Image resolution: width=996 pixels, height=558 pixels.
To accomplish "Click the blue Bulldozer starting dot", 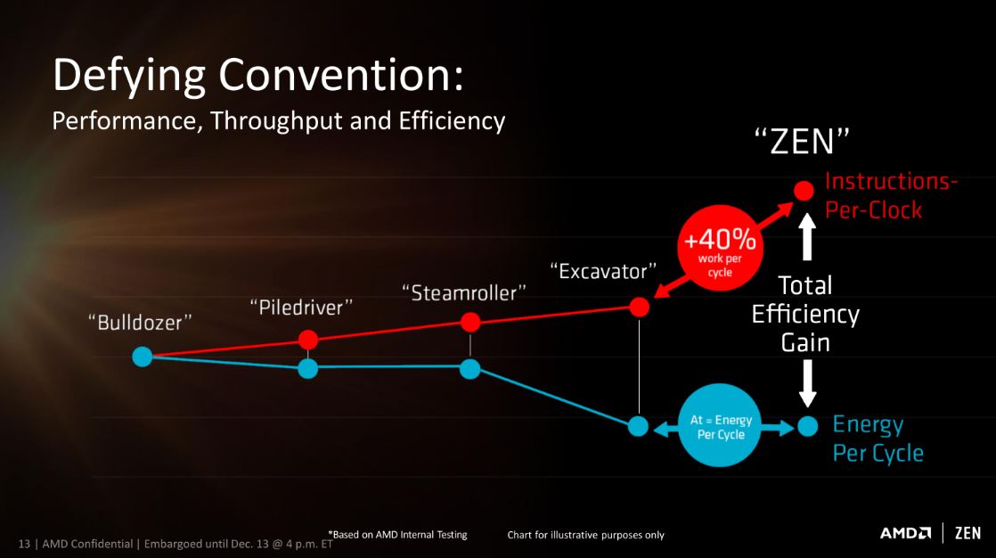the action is (x=143, y=357).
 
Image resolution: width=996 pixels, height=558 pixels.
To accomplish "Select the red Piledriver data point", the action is (x=308, y=340).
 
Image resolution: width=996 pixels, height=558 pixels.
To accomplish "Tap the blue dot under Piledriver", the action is (x=308, y=368).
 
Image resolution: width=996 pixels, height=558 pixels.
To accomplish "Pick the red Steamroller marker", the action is (x=470, y=322).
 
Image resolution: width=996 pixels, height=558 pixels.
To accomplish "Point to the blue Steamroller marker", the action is (x=470, y=369).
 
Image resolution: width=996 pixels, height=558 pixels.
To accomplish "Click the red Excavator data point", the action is (x=640, y=307).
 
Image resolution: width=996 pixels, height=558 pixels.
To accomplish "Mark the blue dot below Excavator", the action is (x=639, y=426).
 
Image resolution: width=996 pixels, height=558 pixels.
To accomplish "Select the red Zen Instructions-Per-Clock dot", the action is (x=804, y=190).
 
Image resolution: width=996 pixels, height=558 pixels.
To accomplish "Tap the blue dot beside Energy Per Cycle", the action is (x=808, y=426).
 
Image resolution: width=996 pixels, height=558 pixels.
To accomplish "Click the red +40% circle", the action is (x=720, y=248).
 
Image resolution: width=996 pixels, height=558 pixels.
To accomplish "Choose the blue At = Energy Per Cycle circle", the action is (x=721, y=425).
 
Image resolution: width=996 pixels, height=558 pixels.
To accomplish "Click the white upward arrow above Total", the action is (x=807, y=236).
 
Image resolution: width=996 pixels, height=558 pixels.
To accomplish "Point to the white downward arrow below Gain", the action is (x=807, y=383).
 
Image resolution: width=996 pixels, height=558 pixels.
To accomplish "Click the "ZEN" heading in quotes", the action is (x=803, y=141).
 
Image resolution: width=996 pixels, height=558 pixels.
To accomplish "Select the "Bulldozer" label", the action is (x=140, y=322).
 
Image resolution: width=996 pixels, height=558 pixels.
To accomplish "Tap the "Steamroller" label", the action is (x=464, y=293).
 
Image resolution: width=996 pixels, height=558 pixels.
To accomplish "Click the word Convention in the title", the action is (x=341, y=75).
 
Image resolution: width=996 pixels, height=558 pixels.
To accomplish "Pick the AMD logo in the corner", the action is (x=905, y=532).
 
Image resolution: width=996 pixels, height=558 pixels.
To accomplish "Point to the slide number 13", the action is (x=24, y=544).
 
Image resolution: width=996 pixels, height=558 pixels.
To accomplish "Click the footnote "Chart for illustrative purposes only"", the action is (x=585, y=535).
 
